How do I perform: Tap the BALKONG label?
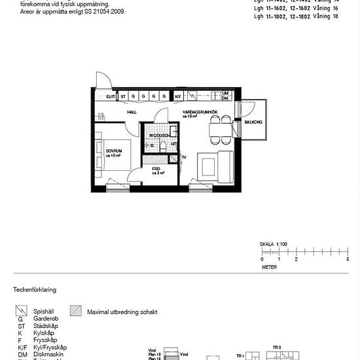click(253, 122)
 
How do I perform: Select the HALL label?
click(132, 113)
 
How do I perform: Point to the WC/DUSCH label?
click(158, 135)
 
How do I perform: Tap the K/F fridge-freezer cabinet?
click(177, 96)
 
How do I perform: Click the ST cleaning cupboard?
click(123, 96)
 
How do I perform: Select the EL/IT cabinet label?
click(111, 96)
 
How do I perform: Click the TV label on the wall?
click(184, 158)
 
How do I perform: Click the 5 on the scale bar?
click(347, 260)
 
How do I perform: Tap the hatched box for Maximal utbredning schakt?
click(77, 312)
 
